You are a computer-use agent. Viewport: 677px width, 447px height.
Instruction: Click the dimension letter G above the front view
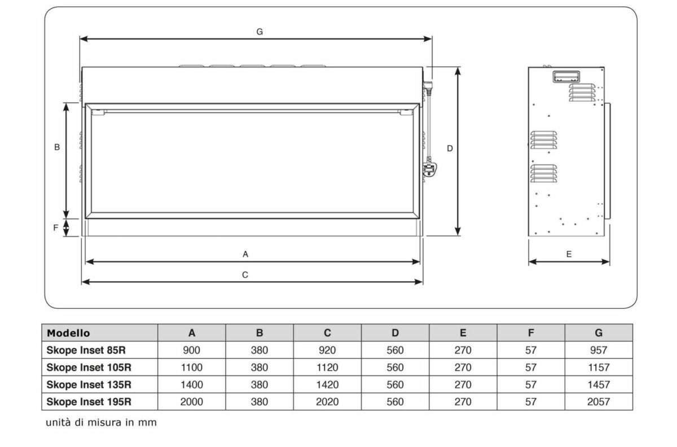point(260,32)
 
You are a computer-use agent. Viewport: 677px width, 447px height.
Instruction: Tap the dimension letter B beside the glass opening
point(57,147)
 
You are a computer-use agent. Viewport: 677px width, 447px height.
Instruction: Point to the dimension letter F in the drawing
point(56,228)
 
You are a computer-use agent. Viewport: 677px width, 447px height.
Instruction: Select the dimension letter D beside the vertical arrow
point(450,148)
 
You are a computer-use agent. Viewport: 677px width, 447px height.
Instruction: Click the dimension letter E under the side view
point(569,255)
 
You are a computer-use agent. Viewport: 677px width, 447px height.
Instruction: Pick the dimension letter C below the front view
point(245,275)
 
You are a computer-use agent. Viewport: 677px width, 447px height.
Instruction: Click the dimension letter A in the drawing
point(245,255)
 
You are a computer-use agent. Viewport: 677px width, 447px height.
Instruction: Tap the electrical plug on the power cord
point(430,169)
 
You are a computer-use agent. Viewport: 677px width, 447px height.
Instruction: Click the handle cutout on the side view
point(566,77)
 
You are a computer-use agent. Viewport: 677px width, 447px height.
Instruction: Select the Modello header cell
point(69,333)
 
